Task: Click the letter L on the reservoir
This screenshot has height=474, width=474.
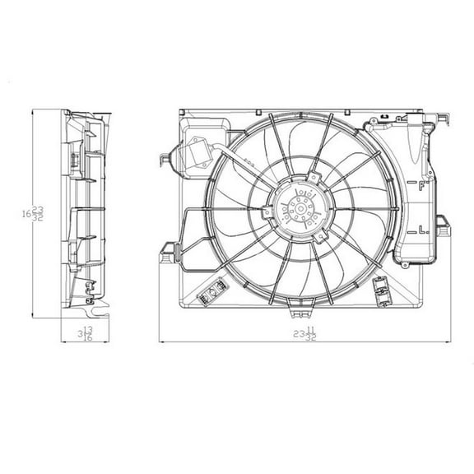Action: pyautogui.click(x=421, y=227)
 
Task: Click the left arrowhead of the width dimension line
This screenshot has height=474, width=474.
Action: pyautogui.click(x=161, y=340)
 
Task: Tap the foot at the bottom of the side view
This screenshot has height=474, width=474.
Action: pyautogui.click(x=93, y=309)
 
